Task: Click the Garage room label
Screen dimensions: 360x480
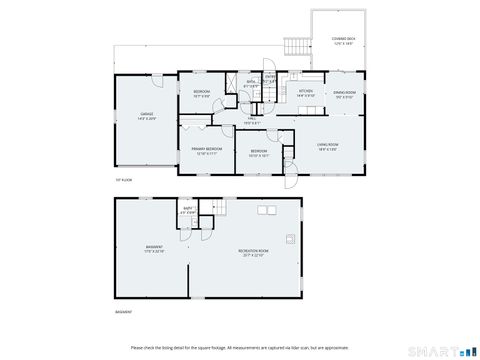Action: tap(147, 116)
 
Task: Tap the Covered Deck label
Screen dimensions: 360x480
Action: tap(344, 41)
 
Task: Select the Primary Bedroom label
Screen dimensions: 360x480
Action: tap(206, 150)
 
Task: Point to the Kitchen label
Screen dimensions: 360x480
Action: tap(306, 94)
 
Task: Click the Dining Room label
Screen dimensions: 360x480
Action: tap(344, 94)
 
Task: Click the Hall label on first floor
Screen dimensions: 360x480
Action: tap(254, 121)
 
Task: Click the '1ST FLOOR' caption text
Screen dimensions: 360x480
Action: tap(122, 180)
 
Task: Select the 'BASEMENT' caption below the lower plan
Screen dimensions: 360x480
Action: tap(124, 311)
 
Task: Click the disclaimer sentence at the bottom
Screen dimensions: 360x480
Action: tap(239, 347)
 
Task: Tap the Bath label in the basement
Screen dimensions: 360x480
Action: tap(187, 211)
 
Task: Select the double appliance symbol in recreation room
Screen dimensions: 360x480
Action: tap(266, 210)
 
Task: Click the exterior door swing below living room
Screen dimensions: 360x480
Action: tap(290, 180)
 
